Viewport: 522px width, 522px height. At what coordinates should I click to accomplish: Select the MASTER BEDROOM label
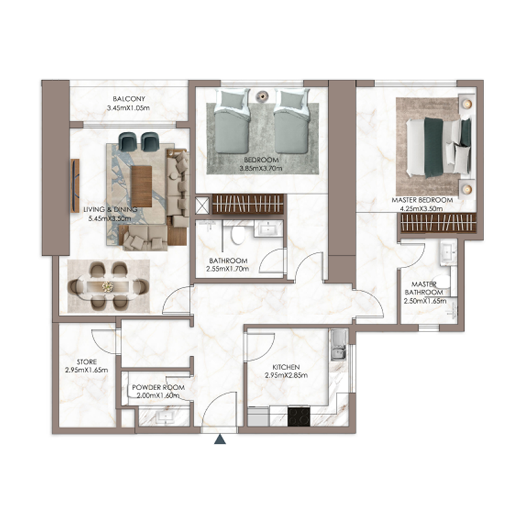[x=422, y=199]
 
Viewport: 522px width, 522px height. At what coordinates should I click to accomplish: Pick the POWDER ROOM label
[x=158, y=387]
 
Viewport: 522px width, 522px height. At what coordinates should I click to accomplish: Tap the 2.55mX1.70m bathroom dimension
[x=228, y=268]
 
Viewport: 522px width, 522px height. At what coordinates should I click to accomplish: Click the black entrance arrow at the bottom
[x=221, y=440]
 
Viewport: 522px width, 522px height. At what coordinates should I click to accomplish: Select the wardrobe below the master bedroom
[x=437, y=223]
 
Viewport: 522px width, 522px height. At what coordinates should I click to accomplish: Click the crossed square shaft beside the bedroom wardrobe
[x=203, y=206]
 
